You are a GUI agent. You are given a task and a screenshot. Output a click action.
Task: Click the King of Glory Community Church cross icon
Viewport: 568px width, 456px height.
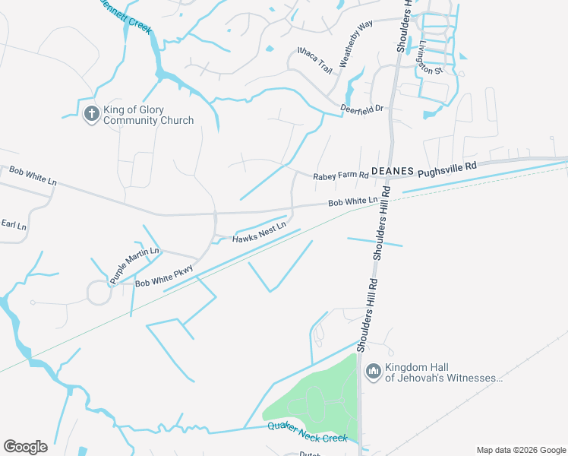coord(91,115)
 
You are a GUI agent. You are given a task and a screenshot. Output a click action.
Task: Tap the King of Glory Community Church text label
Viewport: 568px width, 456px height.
coord(148,115)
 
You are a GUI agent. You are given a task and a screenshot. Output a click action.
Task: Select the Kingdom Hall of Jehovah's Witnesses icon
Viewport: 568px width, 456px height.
coord(373,372)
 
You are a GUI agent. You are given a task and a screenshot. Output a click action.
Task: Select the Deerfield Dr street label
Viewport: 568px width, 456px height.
coord(362,109)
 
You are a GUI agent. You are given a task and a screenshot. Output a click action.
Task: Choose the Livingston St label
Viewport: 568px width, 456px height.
coord(430,59)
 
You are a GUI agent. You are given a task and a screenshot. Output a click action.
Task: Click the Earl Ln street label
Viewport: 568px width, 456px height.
coord(13,225)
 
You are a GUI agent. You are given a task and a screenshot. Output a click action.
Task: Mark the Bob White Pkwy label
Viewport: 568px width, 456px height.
coord(165,276)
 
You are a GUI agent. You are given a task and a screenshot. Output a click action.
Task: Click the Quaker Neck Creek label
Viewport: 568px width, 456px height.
coord(308,432)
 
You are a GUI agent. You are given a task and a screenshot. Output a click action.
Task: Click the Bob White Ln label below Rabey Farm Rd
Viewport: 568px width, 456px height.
coord(352,201)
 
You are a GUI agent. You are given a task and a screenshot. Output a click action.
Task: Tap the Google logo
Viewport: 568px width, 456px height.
coord(25,447)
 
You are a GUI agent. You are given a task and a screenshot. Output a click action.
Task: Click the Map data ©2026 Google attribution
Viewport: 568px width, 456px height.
coord(520,450)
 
